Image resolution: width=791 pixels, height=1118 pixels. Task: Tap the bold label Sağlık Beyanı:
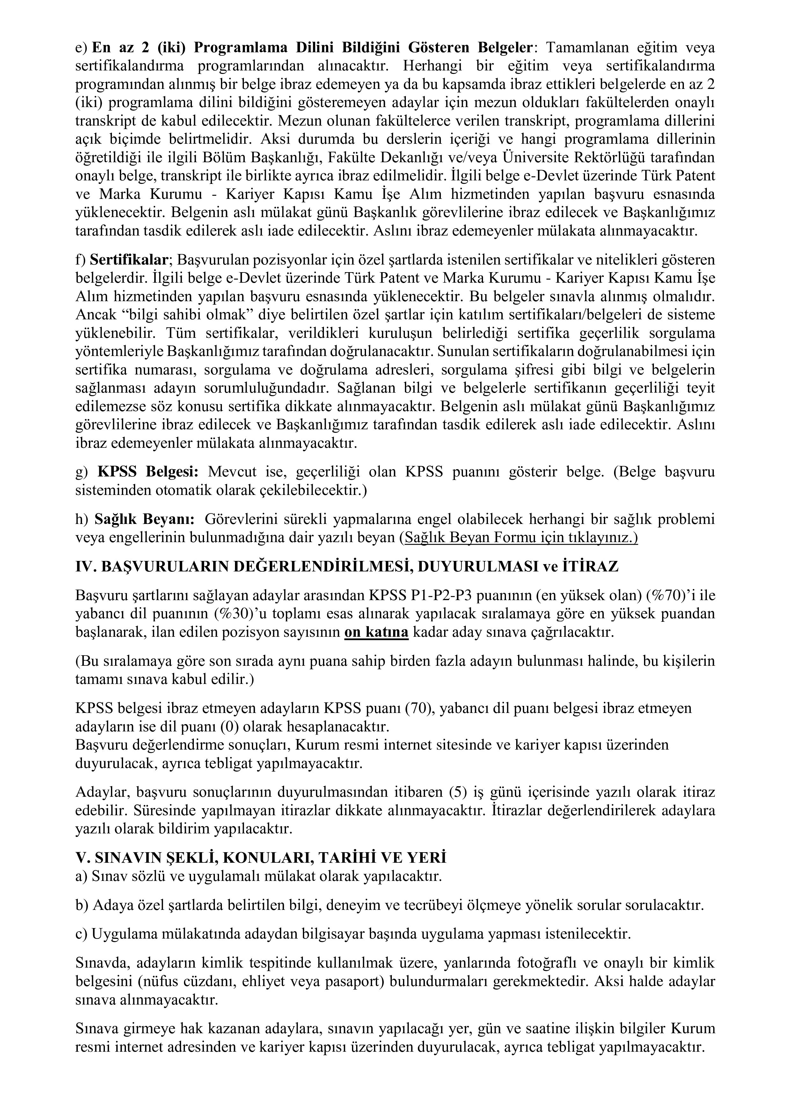(144, 519)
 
